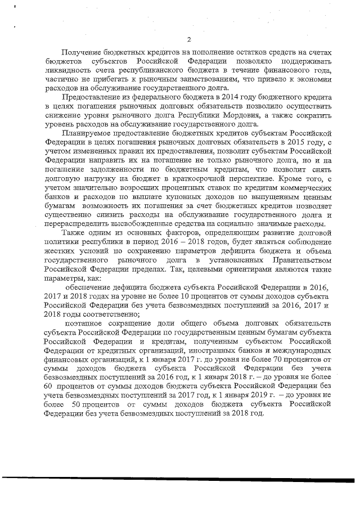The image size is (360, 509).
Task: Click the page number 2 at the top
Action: pos(189,39)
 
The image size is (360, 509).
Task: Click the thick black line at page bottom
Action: pos(180,481)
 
